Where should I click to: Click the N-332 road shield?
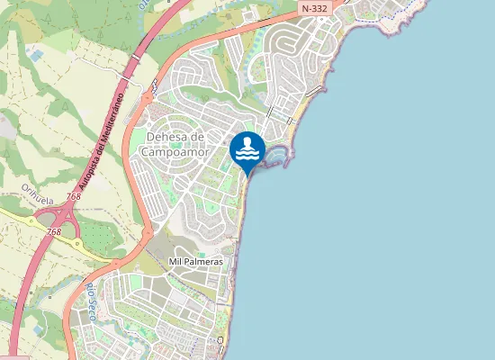point(314,8)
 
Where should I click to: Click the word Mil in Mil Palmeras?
point(176,261)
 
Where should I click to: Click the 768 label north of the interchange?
point(74,196)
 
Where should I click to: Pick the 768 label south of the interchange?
point(54,231)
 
